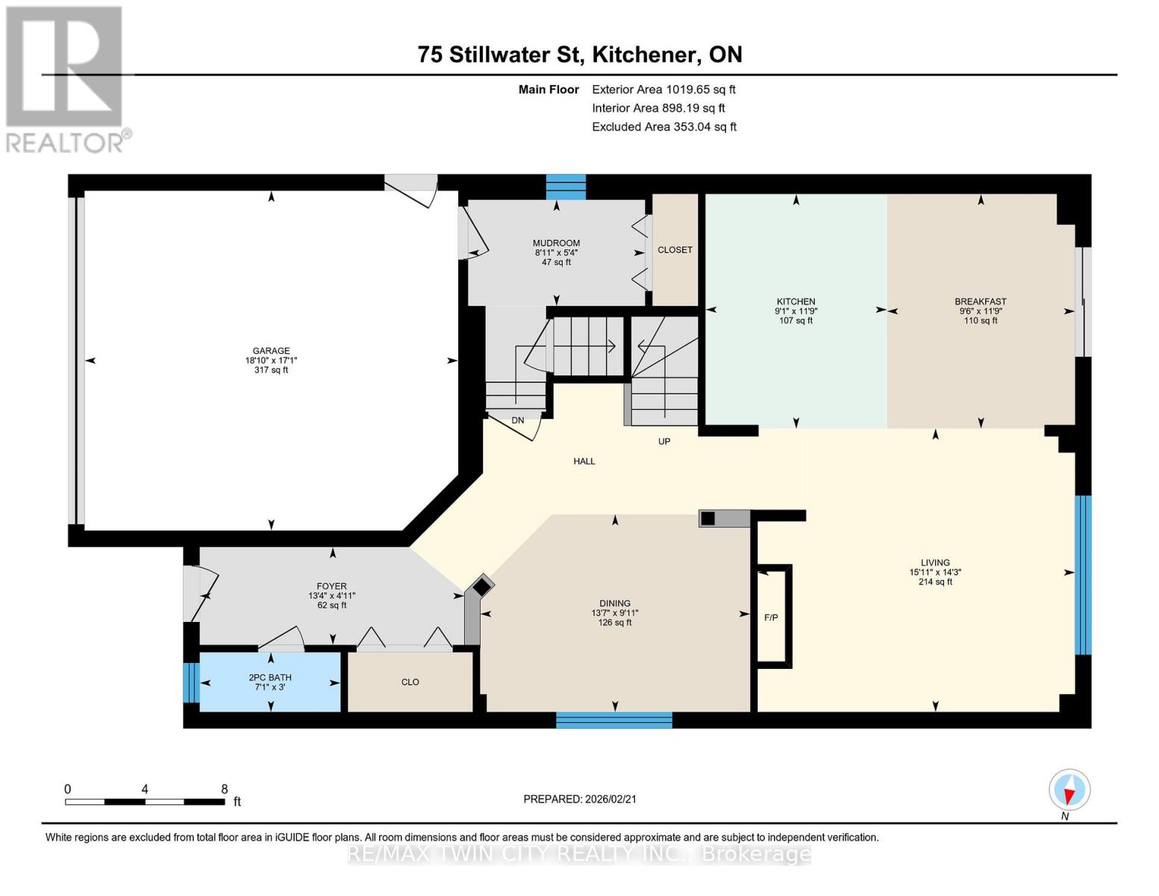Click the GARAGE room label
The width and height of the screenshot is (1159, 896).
(x=271, y=351)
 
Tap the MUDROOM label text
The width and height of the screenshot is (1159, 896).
(x=556, y=243)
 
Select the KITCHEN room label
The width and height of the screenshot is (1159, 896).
(x=796, y=302)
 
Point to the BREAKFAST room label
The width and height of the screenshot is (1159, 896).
(x=980, y=302)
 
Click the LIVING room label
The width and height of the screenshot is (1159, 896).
(x=934, y=563)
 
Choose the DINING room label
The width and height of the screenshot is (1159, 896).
(x=615, y=603)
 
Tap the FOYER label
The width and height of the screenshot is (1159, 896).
(x=331, y=587)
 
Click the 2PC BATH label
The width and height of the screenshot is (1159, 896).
(x=270, y=678)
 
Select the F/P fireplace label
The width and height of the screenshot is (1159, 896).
(x=771, y=617)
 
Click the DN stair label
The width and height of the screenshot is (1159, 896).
(x=517, y=420)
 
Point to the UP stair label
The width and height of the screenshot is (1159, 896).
(x=664, y=441)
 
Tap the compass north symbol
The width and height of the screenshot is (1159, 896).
(x=1069, y=790)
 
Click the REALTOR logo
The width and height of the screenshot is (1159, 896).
(x=65, y=78)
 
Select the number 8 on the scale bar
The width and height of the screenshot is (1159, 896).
(x=224, y=789)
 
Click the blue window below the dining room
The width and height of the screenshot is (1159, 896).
(x=614, y=720)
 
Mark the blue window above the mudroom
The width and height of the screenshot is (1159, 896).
(x=566, y=187)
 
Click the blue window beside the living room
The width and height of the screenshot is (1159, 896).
(x=1082, y=575)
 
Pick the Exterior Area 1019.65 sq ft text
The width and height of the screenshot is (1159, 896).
(x=663, y=90)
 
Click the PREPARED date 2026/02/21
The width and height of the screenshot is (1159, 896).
(x=580, y=799)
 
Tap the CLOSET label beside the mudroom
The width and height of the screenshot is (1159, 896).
(x=675, y=250)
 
